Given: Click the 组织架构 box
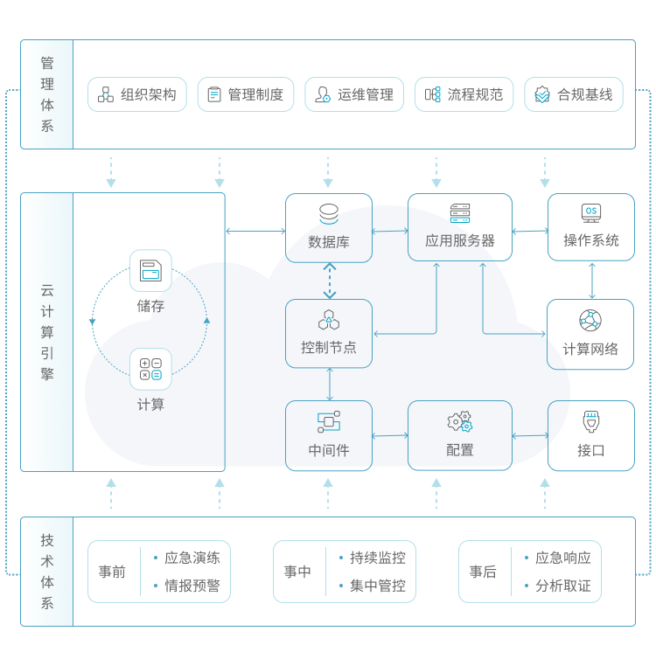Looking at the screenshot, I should (137, 94).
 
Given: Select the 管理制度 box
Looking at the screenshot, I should (246, 94).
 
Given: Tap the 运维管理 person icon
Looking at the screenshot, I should (322, 94).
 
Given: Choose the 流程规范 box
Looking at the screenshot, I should (464, 94).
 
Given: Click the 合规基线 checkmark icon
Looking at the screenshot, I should (542, 94).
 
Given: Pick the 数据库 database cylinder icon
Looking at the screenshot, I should (329, 214).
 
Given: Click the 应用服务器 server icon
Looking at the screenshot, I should (460, 213).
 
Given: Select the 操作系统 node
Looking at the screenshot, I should (591, 227).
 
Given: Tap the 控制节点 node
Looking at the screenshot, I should (329, 333).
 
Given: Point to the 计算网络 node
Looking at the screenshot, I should (590, 334).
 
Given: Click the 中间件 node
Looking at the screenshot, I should (329, 435).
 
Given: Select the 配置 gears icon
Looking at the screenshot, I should (460, 421).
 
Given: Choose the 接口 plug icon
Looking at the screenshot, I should (591, 421).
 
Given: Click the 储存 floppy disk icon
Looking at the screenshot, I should (150, 270).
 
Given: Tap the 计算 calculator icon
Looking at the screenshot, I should (150, 369).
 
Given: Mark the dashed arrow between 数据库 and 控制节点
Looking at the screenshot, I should (329, 281).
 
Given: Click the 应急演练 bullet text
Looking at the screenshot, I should (192, 558).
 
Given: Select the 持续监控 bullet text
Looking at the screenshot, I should (378, 558).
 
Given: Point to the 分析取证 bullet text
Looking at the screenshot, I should (563, 586).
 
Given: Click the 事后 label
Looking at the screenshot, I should (483, 572).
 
